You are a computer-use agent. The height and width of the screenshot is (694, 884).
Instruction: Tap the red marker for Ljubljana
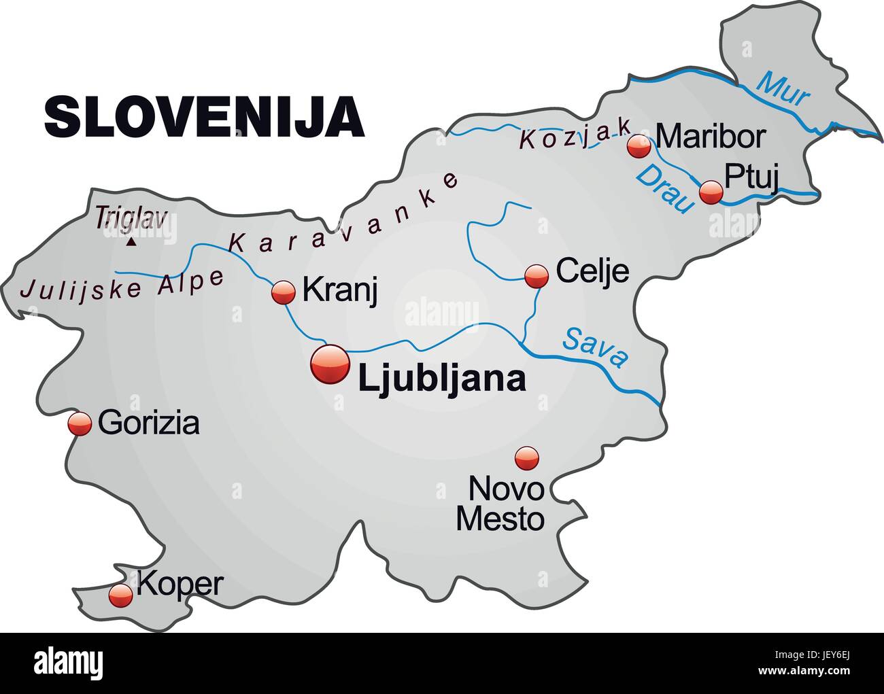(330, 366)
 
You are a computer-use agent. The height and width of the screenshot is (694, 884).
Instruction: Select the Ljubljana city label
(441, 379)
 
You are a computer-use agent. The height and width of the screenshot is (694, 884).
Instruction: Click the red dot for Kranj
(284, 292)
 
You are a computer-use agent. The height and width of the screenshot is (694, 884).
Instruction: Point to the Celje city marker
(537, 275)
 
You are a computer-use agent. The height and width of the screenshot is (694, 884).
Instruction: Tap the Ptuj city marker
(711, 192)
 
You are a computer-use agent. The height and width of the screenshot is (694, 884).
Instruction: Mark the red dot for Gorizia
(80, 423)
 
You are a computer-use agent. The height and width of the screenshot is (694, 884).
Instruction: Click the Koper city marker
(121, 595)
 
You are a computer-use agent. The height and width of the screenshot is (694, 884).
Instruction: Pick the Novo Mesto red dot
(526, 458)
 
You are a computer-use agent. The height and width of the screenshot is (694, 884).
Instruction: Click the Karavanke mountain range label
(343, 214)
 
